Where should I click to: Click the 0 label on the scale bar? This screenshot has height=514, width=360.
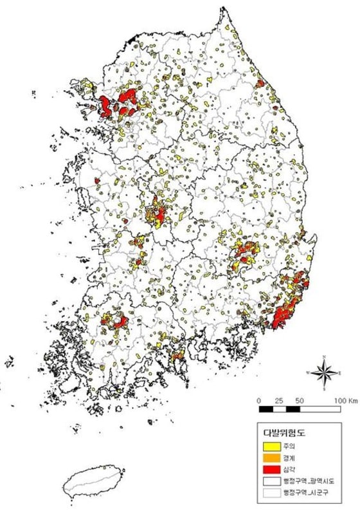click(258, 400)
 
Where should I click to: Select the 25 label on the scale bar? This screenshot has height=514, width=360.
click(279, 400)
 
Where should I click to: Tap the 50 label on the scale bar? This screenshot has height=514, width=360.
click(299, 400)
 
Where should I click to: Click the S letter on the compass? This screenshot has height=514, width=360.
click(325, 389)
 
